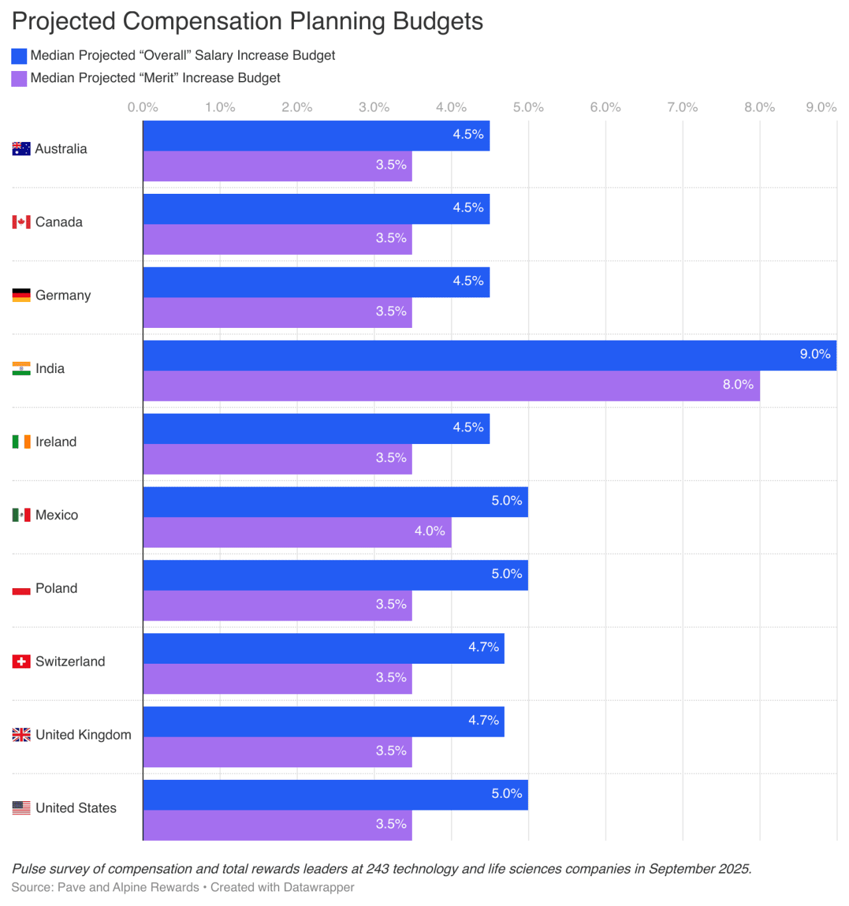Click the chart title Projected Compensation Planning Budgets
247,21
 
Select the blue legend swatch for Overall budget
19,56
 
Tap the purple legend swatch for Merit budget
19,78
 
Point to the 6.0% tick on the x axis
605,108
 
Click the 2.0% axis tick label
296,108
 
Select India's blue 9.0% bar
490,355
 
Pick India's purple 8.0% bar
451,386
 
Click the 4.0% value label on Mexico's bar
429,531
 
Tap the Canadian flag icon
21,222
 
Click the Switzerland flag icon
21,662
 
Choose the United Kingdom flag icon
21,735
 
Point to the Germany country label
63,295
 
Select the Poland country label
56,589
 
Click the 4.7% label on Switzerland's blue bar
483,647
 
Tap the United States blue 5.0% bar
335,794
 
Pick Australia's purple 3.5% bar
277,166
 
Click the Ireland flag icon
21,442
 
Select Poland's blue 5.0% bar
335,575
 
